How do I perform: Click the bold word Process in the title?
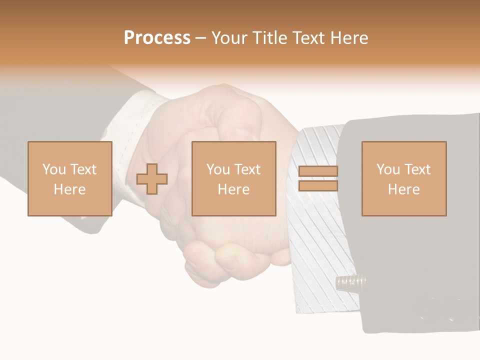(x=157, y=38)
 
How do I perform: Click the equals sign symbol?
(x=318, y=178)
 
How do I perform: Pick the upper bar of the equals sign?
(x=318, y=171)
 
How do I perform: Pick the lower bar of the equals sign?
(x=318, y=186)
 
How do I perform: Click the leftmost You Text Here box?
(x=69, y=178)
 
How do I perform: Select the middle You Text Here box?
(x=234, y=178)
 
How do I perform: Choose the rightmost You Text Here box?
(x=404, y=178)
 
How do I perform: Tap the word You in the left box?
(x=54, y=169)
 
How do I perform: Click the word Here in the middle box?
(x=234, y=189)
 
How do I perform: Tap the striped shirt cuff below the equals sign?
(x=320, y=240)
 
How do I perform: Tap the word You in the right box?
(x=388, y=169)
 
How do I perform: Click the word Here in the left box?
(x=69, y=189)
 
